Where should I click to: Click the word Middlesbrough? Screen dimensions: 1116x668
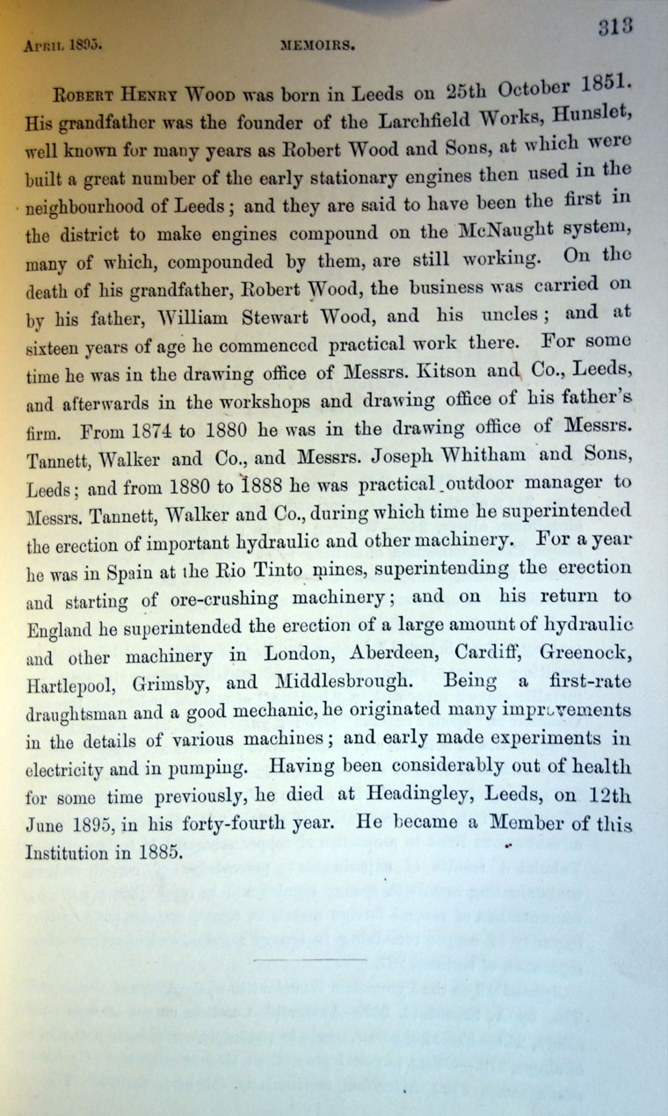(x=338, y=680)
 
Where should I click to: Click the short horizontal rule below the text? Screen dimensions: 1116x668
(x=309, y=960)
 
